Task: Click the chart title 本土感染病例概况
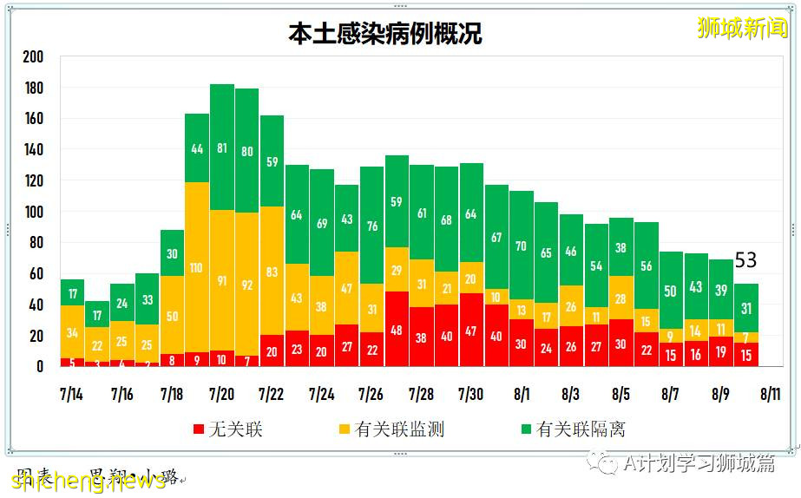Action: (385, 33)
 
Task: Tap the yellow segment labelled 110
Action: (197, 268)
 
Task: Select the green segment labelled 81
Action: (222, 147)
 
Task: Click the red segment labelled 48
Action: (397, 330)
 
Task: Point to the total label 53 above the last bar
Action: (746, 260)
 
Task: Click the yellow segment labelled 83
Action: (272, 272)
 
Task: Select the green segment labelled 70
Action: (522, 246)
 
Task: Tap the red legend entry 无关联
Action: (227, 429)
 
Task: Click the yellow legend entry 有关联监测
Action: (391, 429)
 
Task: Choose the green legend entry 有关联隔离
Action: (572, 429)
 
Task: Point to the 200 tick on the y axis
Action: (33, 57)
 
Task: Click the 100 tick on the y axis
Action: (33, 212)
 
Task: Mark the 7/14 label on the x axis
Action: (72, 395)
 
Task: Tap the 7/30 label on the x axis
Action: (471, 395)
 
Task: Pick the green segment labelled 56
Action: (647, 266)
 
